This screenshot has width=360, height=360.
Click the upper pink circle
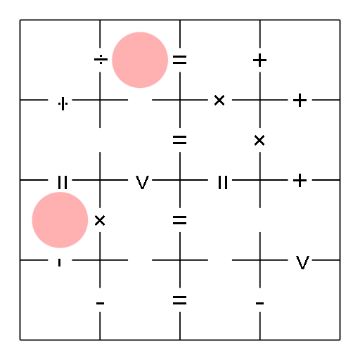[x=140, y=60]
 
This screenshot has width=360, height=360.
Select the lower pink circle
[x=60, y=220]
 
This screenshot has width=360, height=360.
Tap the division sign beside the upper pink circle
[x=101, y=60]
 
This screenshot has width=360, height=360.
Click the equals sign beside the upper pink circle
[x=180, y=60]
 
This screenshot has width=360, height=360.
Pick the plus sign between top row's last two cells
[x=259, y=60]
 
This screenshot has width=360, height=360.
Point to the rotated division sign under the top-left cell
[x=63, y=103]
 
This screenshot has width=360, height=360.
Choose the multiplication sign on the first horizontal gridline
[x=219, y=101]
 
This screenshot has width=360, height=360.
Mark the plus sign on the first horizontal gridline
[x=300, y=101]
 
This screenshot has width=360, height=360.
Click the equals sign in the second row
[x=180, y=140]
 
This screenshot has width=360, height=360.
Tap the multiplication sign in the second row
[x=259, y=141]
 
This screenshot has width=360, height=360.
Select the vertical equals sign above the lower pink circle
[x=63, y=182]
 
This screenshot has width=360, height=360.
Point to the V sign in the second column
[x=142, y=182]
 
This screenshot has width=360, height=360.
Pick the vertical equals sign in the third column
[x=223, y=182]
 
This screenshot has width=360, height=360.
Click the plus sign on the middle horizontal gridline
[x=300, y=180]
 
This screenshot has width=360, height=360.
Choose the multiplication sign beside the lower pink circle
[x=100, y=221]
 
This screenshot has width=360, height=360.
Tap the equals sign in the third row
[x=180, y=220]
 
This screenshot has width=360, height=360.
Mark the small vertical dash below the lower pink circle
[x=60, y=262]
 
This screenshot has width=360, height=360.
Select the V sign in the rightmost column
[x=302, y=262]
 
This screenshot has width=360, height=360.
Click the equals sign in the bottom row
[x=180, y=300]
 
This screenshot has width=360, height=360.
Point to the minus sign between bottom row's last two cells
[x=259, y=303]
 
